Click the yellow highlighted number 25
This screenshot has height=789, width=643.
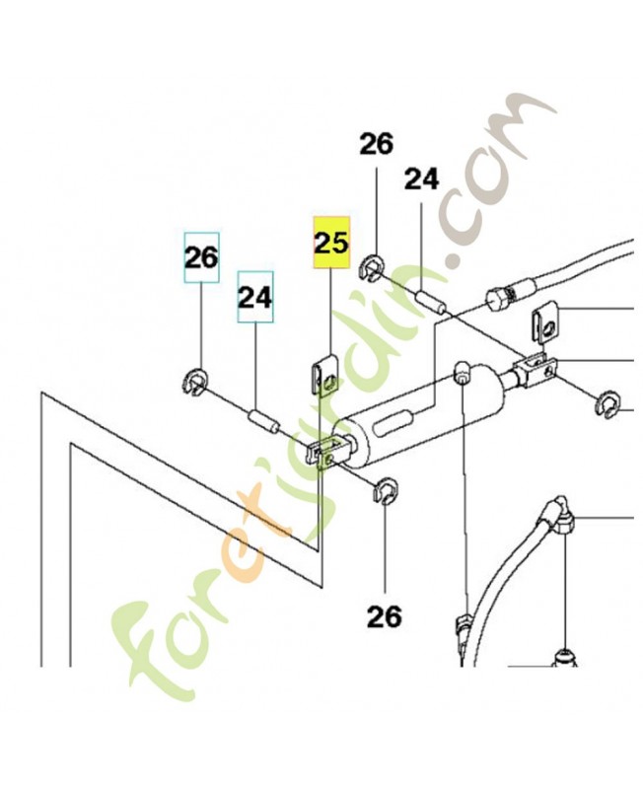tap(331, 243)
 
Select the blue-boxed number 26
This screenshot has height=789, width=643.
tap(202, 257)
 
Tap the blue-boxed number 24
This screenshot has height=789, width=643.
tap(255, 297)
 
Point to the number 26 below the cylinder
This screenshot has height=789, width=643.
tap(385, 616)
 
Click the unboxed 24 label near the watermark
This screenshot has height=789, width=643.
tap(422, 179)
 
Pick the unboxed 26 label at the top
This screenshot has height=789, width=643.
tap(377, 144)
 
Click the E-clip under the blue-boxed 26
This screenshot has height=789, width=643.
tap(193, 382)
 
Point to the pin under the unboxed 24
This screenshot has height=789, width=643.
tap(430, 302)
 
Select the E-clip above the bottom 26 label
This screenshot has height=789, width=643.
tap(387, 490)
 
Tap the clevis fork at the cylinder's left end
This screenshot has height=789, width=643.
tap(328, 451)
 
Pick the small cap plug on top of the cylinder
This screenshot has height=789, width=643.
tap(462, 372)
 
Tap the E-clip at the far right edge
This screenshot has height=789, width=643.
tap(609, 404)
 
